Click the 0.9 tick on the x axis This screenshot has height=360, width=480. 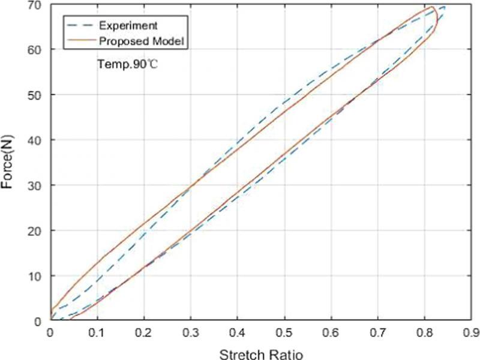[472, 332]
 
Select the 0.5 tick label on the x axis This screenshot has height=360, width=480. [284, 332]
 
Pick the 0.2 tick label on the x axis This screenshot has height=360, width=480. [144, 332]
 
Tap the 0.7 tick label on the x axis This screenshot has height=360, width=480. [378, 332]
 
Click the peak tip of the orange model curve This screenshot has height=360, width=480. [432, 7]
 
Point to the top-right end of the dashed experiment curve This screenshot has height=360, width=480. [445, 7]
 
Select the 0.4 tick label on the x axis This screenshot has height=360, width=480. [238, 332]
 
